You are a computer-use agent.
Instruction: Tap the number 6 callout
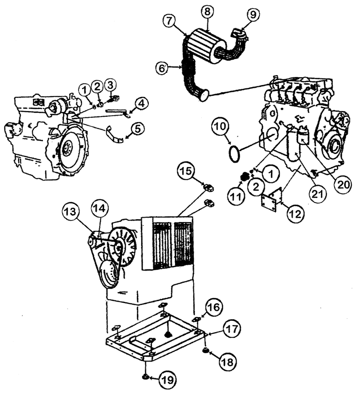pos(161,68)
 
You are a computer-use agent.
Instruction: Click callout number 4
pos(140,104)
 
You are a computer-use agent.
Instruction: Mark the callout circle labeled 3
pos(111,85)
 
